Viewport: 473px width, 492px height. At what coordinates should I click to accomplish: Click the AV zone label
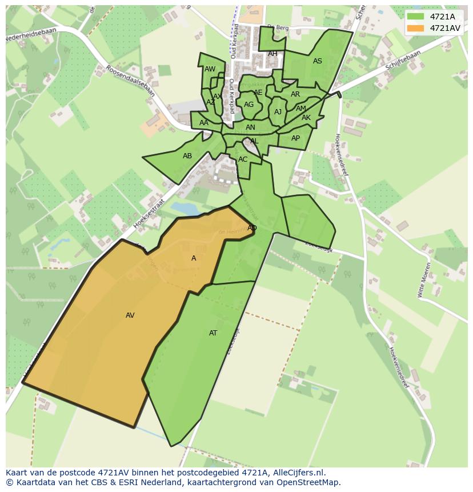pos(130,315)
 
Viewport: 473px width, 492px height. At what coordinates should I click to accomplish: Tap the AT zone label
pos(213,333)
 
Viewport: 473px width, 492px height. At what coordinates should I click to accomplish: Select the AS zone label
pos(318,61)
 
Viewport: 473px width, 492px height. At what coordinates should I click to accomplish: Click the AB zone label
pos(187,156)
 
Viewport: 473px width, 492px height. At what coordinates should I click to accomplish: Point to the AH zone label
pos(272,54)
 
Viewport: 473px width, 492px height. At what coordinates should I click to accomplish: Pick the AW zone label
pos(210,69)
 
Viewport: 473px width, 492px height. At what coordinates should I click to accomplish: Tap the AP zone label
pos(295,138)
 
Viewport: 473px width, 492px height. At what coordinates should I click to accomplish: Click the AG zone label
pos(248,105)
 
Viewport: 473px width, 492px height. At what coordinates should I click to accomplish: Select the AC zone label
pos(243,159)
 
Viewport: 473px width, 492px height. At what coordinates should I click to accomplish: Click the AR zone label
pos(295,94)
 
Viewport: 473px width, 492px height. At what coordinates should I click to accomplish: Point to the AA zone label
pos(204,123)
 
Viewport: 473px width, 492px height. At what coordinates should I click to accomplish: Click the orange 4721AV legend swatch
pos(415,28)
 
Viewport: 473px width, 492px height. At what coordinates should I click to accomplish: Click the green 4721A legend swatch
pos(415,17)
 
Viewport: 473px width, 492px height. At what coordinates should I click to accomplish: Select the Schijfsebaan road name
pos(403,61)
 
